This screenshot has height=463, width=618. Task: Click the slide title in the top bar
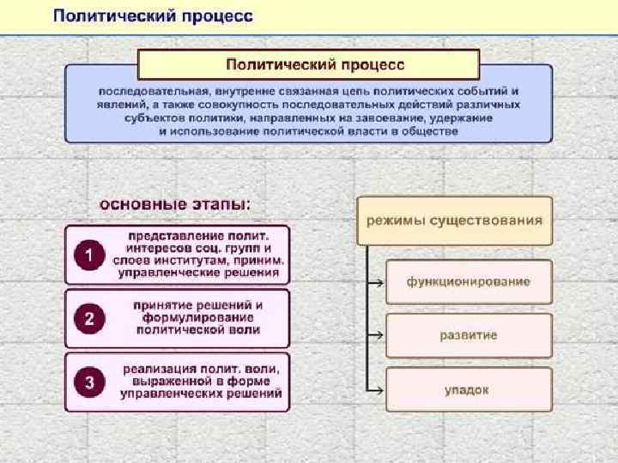point(154,17)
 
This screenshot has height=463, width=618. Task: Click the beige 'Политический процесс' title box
point(309,64)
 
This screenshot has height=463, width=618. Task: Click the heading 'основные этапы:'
point(175,205)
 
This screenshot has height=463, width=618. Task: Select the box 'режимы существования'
point(455,220)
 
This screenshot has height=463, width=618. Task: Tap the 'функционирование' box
point(468,281)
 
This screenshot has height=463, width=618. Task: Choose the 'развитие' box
point(468,335)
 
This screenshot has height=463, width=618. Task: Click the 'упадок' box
point(468,389)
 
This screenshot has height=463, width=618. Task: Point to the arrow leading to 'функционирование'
point(374,281)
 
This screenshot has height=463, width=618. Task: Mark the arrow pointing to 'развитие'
point(374,335)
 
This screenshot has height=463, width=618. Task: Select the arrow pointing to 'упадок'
point(374,389)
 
